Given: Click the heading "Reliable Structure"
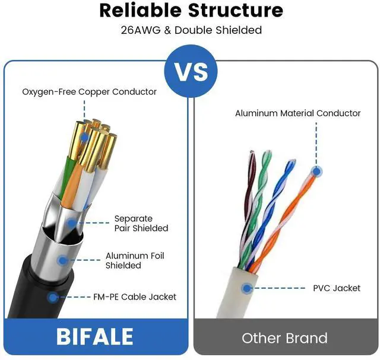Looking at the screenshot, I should tap(191, 11).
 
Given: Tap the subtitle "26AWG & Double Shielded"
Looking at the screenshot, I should tap(191, 30).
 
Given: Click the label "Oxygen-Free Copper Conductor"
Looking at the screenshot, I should tap(89, 92).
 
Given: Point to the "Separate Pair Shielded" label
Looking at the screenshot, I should tap(141, 224).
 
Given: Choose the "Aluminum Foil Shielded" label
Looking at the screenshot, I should tap(135, 260).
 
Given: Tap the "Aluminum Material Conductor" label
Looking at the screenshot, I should tap(297, 113).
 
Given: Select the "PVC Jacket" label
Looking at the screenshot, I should tap(337, 288).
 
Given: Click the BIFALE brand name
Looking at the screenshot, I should tap(95, 336).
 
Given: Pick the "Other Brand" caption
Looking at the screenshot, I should tap(284, 338).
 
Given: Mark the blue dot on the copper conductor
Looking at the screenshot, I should tap(84, 136).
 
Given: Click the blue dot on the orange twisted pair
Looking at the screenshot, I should tap(316, 172).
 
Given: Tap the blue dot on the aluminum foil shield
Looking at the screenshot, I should tap(62, 260).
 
